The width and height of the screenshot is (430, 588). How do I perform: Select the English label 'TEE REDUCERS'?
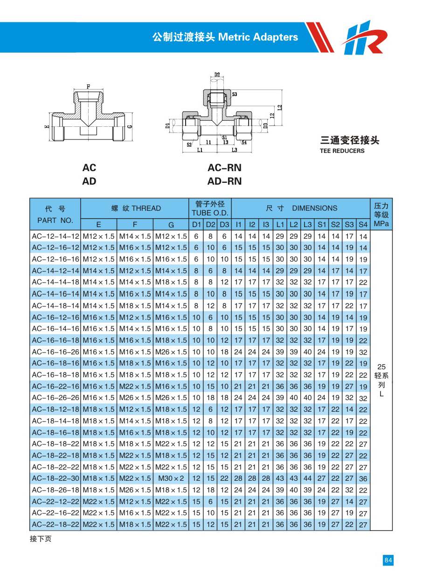tap(342, 151)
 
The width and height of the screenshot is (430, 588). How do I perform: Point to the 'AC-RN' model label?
tap(224, 168)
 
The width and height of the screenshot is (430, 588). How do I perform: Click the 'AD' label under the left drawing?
tap(89, 181)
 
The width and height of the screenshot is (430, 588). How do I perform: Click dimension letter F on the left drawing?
tap(88, 86)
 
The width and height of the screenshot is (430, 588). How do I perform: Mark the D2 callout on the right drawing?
tap(217, 75)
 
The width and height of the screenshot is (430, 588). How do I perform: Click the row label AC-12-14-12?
tap(55, 236)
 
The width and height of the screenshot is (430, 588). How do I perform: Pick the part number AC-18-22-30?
tap(55, 478)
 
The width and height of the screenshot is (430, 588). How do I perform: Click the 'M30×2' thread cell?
tap(171, 478)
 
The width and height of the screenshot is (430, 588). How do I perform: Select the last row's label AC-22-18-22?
tap(55, 525)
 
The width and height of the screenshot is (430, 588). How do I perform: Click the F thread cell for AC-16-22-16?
tap(135, 386)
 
